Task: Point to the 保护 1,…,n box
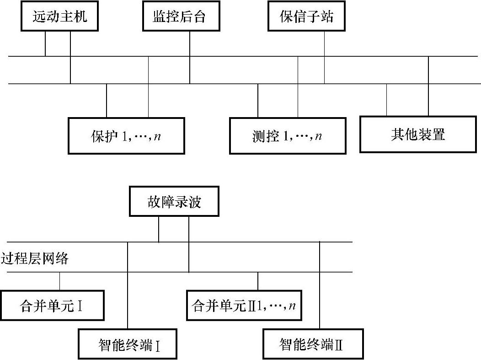127,136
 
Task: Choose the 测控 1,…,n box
288,136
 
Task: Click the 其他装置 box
417,134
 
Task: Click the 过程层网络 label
35,259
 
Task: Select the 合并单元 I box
52,306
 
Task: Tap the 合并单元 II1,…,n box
244,305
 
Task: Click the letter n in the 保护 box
157,137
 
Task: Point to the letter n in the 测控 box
318,137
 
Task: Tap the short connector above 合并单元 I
60,281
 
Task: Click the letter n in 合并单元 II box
292,306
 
